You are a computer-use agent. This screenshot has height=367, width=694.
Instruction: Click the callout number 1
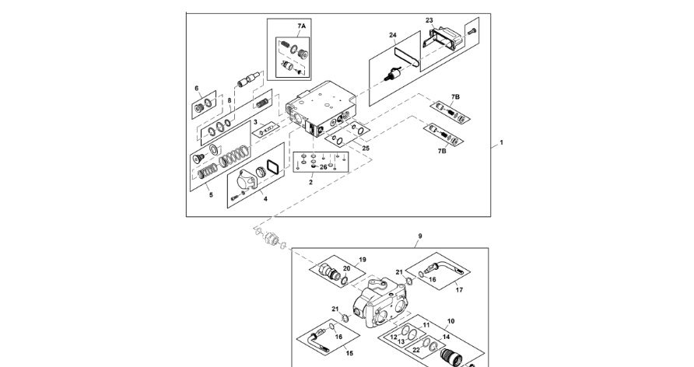(x=502, y=143)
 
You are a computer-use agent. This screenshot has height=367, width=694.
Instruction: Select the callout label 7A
(x=301, y=26)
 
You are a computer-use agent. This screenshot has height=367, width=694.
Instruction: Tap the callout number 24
(x=393, y=36)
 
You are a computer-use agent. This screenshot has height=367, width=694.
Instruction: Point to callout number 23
(x=429, y=20)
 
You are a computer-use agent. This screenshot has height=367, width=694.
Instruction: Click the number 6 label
(x=197, y=89)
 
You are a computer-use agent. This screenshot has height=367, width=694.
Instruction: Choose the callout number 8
(x=230, y=100)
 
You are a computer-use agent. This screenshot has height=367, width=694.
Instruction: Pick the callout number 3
(x=254, y=122)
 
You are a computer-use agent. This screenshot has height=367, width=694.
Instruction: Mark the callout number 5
(x=210, y=194)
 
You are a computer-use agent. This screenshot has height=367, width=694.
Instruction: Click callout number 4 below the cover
(x=265, y=199)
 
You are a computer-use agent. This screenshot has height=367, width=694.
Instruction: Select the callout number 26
(x=324, y=167)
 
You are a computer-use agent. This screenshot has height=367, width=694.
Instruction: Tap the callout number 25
(x=366, y=148)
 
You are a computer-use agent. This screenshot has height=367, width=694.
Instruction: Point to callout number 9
(x=420, y=236)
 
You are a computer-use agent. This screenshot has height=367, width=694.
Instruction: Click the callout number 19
(x=362, y=259)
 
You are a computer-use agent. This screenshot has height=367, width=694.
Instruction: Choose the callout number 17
(x=459, y=290)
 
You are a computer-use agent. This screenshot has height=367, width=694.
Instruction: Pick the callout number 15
(x=338, y=353)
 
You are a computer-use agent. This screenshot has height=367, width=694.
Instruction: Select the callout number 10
(x=450, y=320)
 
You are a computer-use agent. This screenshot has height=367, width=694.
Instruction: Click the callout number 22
(x=416, y=350)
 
